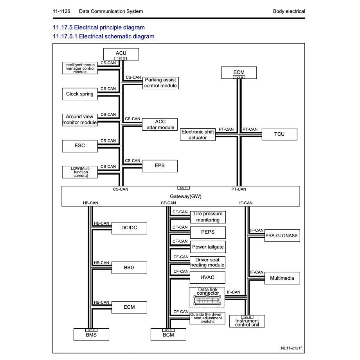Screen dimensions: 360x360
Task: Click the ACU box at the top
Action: [121, 54]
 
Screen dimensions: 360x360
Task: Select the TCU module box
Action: [279, 134]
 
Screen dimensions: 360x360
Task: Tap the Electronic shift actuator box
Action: [198, 135]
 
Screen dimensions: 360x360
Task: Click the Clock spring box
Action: [80, 94]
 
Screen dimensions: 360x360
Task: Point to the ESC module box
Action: [80, 146]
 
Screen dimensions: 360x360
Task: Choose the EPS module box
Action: [160, 166]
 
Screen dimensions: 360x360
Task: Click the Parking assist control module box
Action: [160, 83]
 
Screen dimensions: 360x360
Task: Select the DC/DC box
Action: [129, 228]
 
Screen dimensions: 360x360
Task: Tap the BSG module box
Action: [129, 268]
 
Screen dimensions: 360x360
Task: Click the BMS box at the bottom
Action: [91, 335]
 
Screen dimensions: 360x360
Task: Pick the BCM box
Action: [168, 335]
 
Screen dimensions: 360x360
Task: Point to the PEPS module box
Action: [208, 232]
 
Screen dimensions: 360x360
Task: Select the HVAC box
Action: [208, 277]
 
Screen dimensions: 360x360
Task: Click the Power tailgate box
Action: [208, 247]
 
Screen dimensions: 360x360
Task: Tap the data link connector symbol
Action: [208, 300]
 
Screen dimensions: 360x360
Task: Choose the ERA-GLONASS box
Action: [282, 236]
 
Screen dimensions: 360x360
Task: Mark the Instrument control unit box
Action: [247, 322]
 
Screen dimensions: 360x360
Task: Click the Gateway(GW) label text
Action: [180, 196]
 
